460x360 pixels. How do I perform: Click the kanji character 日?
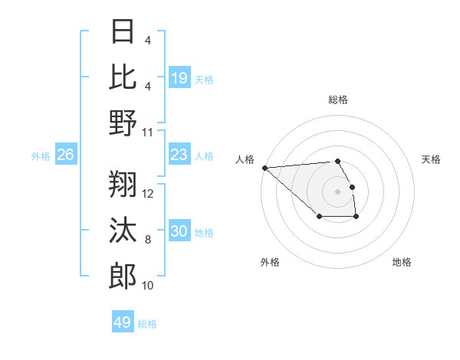point(123,32)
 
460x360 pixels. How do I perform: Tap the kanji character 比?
point(123,77)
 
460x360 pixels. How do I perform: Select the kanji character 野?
point(123,123)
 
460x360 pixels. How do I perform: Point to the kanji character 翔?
point(123,184)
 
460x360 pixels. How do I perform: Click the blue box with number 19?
point(179,78)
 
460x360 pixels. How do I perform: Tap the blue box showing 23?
point(179,155)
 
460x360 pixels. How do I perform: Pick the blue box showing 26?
point(66,155)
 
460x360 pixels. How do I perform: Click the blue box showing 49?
point(123,322)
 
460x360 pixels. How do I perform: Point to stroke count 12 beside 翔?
point(149,193)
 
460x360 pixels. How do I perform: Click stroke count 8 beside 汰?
point(148,240)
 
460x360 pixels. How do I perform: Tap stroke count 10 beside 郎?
point(149,286)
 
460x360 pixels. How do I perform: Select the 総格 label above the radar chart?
point(337,100)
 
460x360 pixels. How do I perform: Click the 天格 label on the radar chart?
point(431,159)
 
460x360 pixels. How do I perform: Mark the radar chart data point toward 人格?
point(264,168)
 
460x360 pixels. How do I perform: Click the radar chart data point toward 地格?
point(356,218)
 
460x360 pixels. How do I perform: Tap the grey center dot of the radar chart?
point(337,191)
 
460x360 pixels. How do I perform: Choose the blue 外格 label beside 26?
point(41,156)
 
